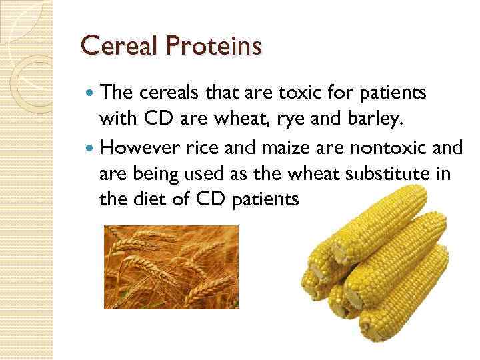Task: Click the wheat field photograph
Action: click(171, 267)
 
